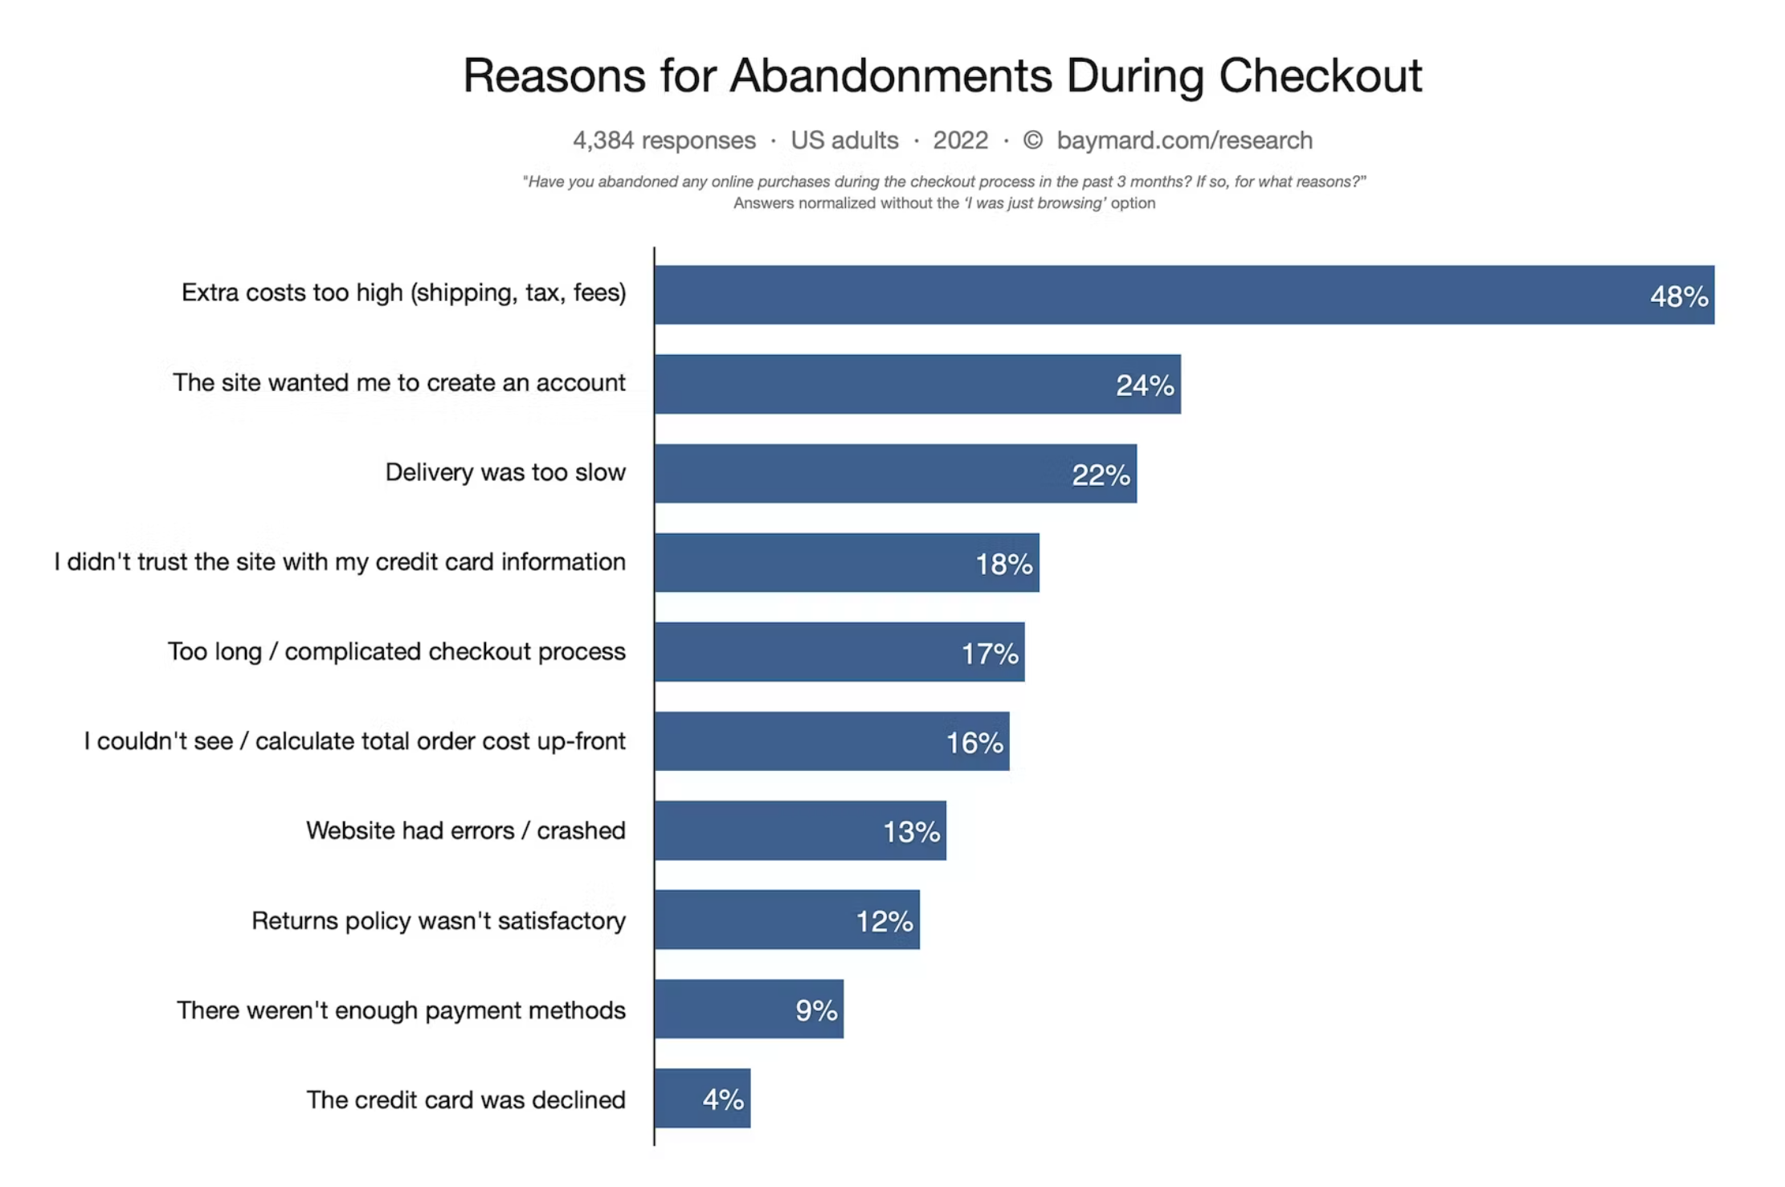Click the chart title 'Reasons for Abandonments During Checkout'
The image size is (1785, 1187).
(x=942, y=76)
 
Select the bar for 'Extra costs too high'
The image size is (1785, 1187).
(x=1125, y=295)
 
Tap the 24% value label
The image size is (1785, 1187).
(x=1145, y=385)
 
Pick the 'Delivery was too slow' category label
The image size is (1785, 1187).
(x=505, y=472)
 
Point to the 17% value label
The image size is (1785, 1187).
(x=990, y=654)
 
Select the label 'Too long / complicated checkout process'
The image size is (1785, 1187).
(x=396, y=651)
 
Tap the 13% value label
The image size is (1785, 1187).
(x=911, y=831)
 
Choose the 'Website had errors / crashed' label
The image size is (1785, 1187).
(x=465, y=830)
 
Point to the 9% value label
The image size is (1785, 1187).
(x=816, y=1010)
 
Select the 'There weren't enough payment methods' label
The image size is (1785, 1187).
(x=401, y=1010)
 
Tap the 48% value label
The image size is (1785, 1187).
(x=1679, y=296)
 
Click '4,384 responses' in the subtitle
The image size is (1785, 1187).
(x=664, y=141)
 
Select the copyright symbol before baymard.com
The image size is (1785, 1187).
(x=1032, y=141)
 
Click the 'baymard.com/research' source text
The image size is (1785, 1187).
(x=1184, y=141)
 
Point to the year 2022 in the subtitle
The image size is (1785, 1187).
(x=960, y=141)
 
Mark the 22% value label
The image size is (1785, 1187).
(x=1101, y=475)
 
